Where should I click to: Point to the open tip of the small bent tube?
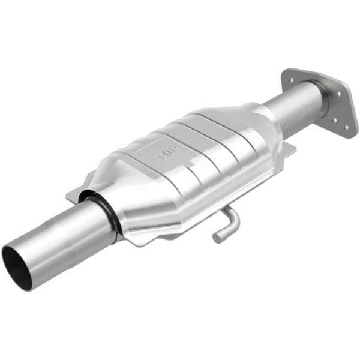click(217, 237)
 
